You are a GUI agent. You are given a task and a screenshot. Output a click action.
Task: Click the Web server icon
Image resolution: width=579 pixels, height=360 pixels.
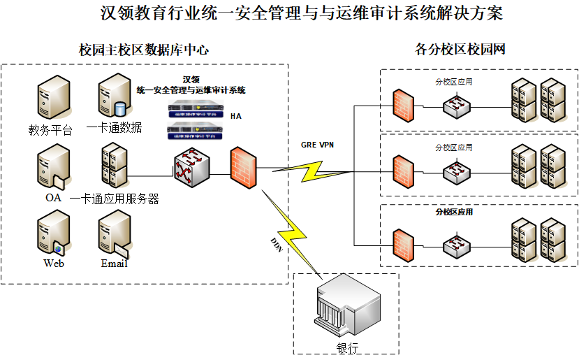tap(53, 235)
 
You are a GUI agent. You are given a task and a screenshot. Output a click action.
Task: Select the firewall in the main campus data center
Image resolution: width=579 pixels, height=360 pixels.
tap(244, 167)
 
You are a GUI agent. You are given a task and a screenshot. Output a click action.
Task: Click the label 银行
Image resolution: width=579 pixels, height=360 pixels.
tap(347, 348)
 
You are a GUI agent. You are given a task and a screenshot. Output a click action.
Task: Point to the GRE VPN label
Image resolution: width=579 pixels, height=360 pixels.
tap(318, 145)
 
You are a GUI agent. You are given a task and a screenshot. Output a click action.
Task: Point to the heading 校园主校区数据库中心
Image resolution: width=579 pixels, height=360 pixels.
tap(144, 50)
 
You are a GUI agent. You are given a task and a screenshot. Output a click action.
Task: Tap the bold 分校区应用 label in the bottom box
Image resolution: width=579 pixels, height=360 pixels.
tap(454, 212)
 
